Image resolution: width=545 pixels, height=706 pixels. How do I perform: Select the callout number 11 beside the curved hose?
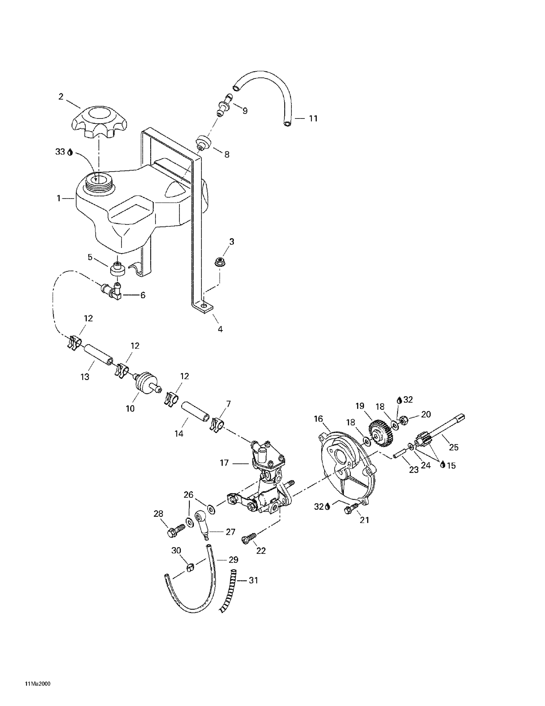click(313, 119)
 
